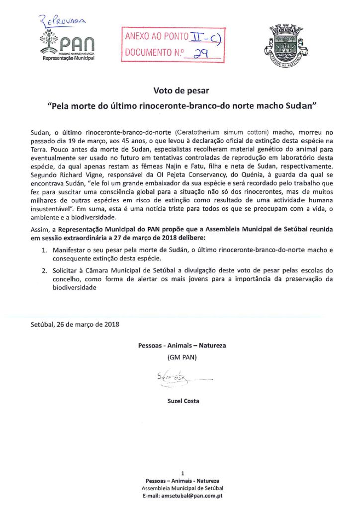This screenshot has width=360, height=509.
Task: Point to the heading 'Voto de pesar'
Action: (180, 91)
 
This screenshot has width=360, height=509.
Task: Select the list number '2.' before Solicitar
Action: (44, 270)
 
